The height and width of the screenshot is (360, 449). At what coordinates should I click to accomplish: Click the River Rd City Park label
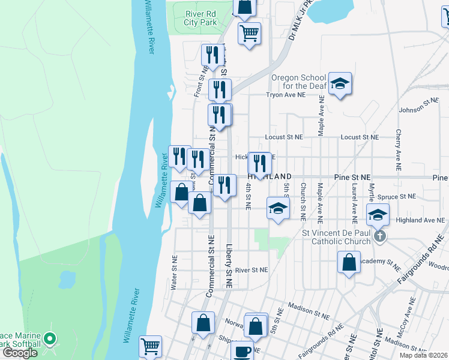200,19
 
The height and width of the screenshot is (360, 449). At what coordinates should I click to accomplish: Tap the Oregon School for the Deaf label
298,82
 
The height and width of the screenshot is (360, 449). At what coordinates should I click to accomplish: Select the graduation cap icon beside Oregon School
340,83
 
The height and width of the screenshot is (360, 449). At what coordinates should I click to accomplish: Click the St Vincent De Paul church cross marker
379,236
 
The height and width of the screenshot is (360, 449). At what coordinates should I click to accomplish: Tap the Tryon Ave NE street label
286,95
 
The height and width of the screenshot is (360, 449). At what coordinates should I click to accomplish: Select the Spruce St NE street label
399,196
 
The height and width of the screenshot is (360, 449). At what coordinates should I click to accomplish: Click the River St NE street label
251,270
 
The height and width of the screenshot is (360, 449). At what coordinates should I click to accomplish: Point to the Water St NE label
173,278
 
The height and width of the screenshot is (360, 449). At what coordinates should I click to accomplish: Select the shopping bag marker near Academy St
349,262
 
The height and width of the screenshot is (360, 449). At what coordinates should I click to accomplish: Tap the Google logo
20,353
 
